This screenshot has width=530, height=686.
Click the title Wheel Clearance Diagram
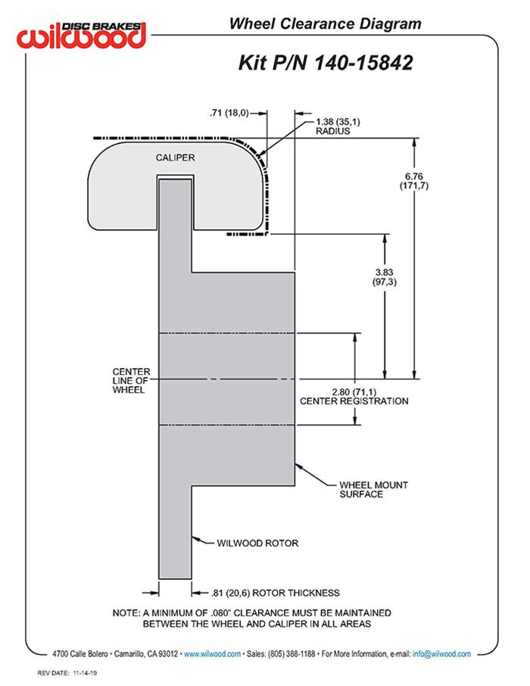[325, 23]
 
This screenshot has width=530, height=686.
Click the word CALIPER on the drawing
[176, 157]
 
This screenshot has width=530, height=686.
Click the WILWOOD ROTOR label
[257, 543]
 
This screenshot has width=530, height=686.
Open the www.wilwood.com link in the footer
[213, 653]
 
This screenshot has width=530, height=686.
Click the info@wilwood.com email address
[441, 653]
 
